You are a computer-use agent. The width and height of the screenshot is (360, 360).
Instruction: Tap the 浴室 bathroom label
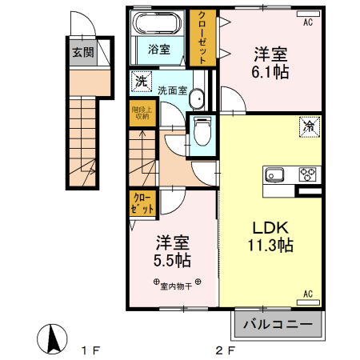(x=158, y=50)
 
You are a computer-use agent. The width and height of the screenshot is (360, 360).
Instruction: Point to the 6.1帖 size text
(x=271, y=72)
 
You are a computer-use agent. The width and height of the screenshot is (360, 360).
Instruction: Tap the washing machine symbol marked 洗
(x=141, y=81)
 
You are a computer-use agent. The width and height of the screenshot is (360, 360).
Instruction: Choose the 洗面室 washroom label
(x=172, y=90)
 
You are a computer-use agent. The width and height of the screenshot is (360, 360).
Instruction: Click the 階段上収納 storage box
(x=140, y=112)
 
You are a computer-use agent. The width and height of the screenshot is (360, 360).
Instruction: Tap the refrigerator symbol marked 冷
(x=309, y=125)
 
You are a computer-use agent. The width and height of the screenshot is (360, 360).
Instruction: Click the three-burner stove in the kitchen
(x=306, y=174)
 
